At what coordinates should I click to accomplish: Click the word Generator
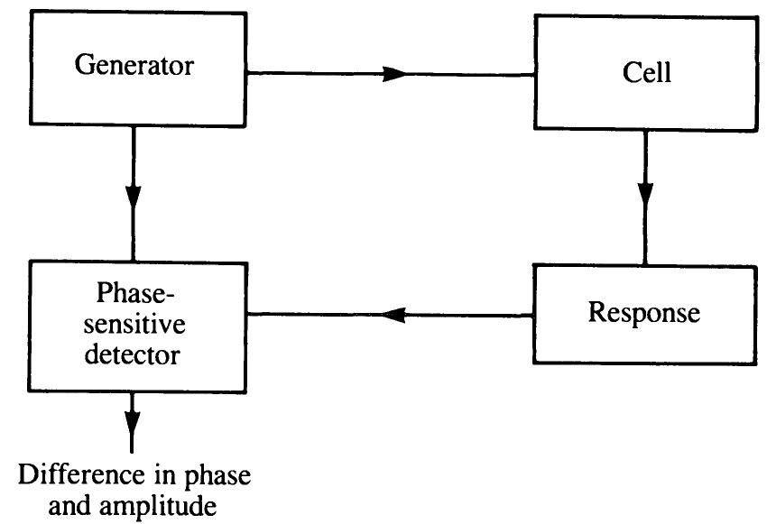(134, 66)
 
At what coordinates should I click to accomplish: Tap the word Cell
(647, 73)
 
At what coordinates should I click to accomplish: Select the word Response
(643, 313)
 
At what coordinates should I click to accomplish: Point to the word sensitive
(133, 325)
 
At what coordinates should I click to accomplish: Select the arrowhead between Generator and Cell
(395, 74)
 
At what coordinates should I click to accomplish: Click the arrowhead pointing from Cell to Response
(645, 194)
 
